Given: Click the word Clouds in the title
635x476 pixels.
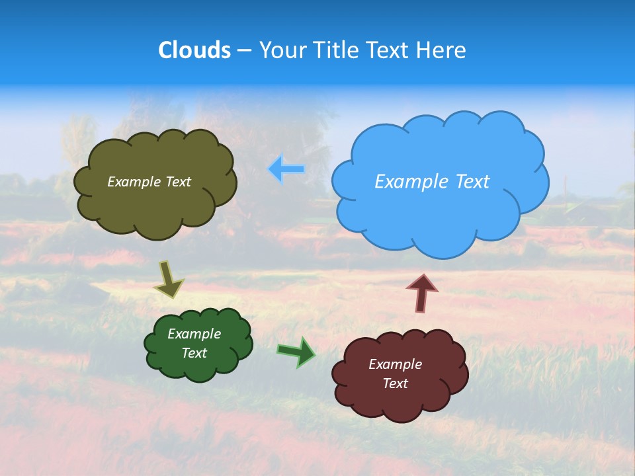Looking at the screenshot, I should (x=194, y=50).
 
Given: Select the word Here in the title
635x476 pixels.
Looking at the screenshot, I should (x=443, y=50).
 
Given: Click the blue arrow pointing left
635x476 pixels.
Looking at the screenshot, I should (x=286, y=169).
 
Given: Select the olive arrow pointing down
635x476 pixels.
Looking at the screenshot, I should (x=169, y=280).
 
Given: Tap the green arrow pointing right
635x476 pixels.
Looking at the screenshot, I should (x=296, y=352).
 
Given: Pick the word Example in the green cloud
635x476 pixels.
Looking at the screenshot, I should (x=194, y=334).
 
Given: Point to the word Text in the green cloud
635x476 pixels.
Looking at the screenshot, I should (x=194, y=353).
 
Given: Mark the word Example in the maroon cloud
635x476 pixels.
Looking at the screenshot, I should (x=396, y=364).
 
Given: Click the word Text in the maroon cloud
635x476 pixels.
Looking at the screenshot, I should (x=396, y=383).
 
